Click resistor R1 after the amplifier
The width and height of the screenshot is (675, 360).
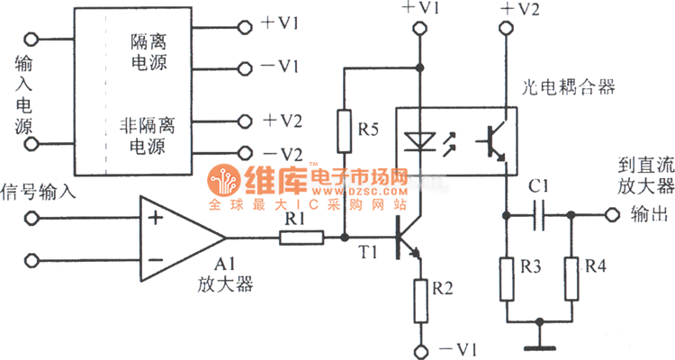[x=301, y=238]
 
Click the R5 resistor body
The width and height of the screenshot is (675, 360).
[x=344, y=130]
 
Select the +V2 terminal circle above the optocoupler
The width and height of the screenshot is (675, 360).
[x=507, y=30]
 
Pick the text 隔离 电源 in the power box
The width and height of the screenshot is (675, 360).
[x=148, y=53]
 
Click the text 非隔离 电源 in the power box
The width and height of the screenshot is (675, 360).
[x=148, y=131]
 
